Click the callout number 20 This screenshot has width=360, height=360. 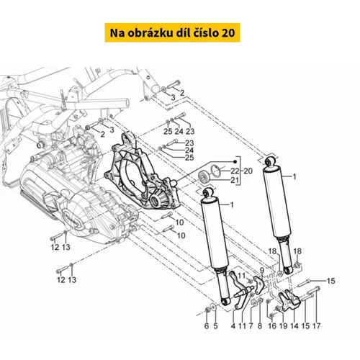coord(248,171)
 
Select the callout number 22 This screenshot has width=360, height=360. coord(235,171)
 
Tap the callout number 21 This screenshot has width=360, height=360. coord(234,180)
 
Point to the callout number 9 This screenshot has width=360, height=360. coord(262,271)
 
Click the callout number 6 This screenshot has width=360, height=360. coord(207,325)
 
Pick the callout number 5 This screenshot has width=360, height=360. coord(215,325)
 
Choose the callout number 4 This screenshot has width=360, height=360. coord(233,325)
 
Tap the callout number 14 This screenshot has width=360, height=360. coord(294,325)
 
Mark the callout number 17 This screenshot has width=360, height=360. coord(316,325)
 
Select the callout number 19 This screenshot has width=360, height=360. coord(283,325)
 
